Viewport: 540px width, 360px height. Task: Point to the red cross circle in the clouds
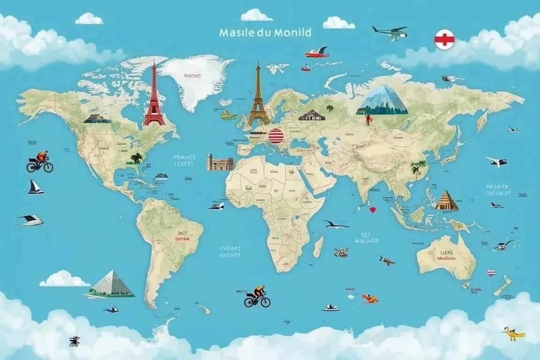coord(444,39)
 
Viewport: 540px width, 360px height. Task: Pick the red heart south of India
coord(373,210)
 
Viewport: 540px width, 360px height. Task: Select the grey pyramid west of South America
coord(111,284)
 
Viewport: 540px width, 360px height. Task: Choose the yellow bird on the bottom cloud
coord(513,333)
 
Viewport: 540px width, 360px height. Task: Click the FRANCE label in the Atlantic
coord(184,157)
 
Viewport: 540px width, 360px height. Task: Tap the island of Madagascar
coord(318,247)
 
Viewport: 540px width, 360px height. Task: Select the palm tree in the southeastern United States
coord(136,158)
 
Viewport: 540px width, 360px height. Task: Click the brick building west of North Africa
coord(220,162)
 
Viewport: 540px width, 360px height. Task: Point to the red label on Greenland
coord(192,75)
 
